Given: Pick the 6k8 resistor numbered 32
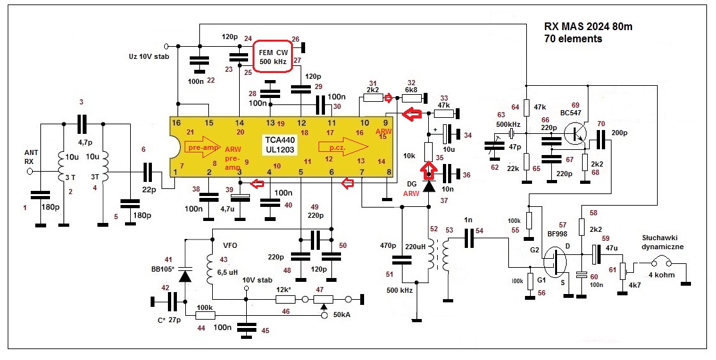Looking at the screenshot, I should [x=412, y=97].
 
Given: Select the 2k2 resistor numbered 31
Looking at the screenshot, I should [x=372, y=97].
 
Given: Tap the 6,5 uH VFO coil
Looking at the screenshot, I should [x=212, y=268].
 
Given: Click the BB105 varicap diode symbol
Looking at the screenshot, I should [x=185, y=276].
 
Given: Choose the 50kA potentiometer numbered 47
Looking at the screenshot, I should [x=323, y=299].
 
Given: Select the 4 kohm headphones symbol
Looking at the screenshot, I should [x=658, y=263].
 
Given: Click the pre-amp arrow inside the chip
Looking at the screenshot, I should [x=204, y=145].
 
